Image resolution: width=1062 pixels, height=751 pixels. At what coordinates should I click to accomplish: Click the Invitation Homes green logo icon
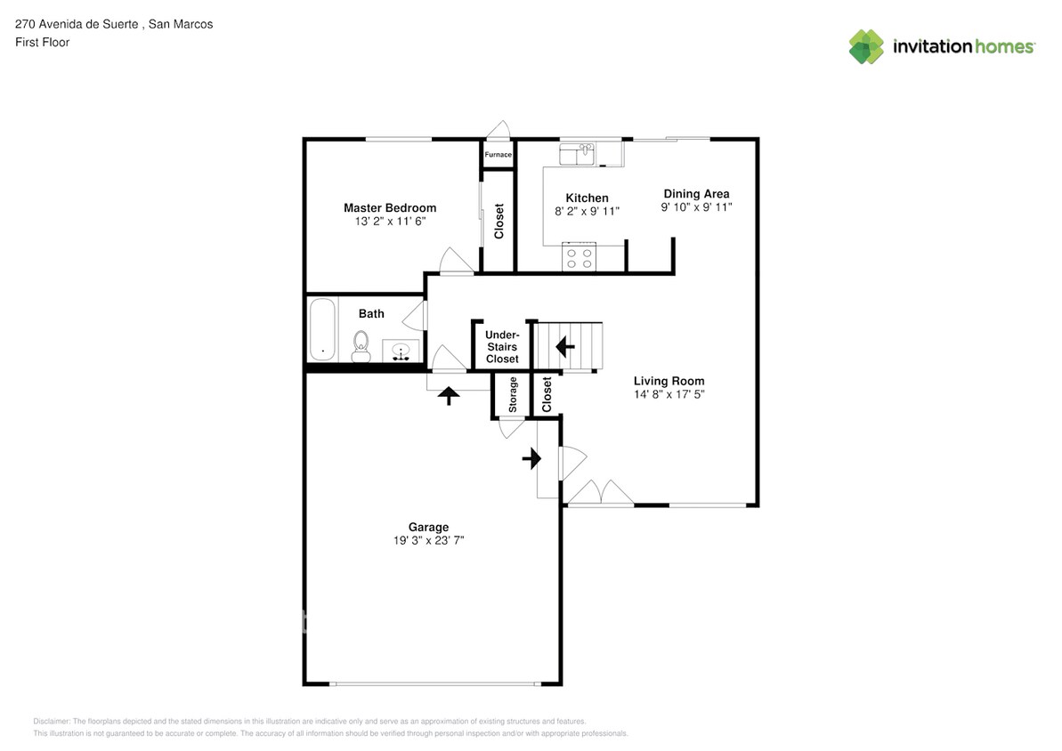pyautogui.click(x=866, y=46)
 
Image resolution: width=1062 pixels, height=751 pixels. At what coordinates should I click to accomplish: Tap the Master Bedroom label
pyautogui.click(x=390, y=208)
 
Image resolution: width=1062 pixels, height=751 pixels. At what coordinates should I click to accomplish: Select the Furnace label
pyautogui.click(x=499, y=155)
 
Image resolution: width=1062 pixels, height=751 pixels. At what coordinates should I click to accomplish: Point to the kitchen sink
pyautogui.click(x=577, y=155)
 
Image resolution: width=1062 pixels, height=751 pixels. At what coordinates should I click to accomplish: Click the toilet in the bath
pyautogui.click(x=361, y=345)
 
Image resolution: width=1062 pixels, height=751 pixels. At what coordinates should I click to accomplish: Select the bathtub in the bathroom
pyautogui.click(x=322, y=329)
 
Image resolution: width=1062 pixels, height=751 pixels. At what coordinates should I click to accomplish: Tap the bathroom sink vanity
pyautogui.click(x=401, y=351)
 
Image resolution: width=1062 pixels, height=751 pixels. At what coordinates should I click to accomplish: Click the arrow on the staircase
pyautogui.click(x=565, y=344)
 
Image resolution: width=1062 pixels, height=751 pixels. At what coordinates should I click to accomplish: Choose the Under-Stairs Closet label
pyautogui.click(x=502, y=346)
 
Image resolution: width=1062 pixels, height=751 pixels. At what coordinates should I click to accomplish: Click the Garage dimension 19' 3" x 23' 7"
pyautogui.click(x=429, y=540)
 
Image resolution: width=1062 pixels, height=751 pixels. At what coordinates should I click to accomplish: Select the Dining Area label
pyautogui.click(x=696, y=194)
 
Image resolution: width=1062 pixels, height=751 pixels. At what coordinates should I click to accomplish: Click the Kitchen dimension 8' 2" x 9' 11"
pyautogui.click(x=587, y=212)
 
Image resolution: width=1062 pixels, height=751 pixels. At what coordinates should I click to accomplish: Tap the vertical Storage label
pyautogui.click(x=513, y=395)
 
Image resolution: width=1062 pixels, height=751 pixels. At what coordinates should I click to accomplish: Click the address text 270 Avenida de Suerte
pyautogui.click(x=77, y=24)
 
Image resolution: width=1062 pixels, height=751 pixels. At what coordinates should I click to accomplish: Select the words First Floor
pyautogui.click(x=42, y=42)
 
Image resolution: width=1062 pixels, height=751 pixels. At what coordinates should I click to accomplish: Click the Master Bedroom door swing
pyautogui.click(x=457, y=261)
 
